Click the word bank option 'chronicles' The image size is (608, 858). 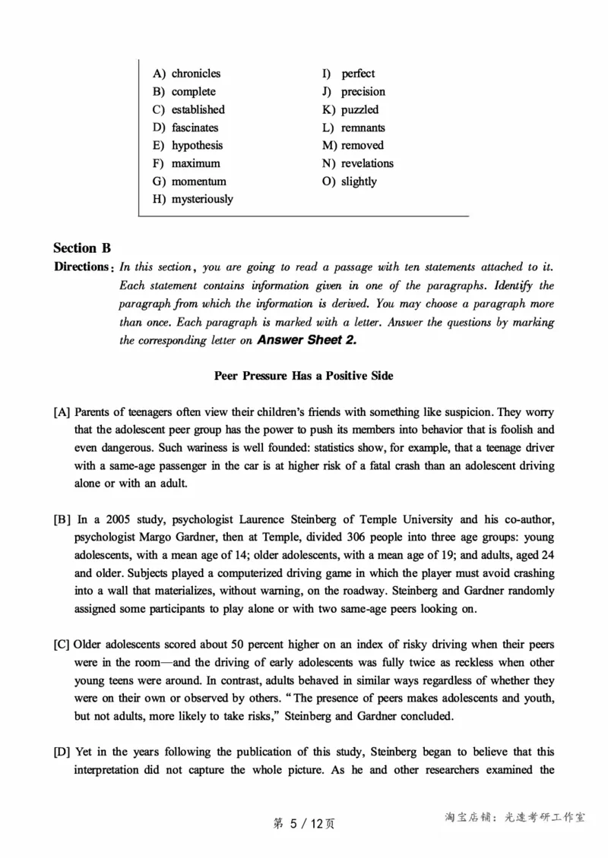click(195, 74)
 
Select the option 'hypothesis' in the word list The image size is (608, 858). click(197, 145)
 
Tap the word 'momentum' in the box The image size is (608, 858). click(198, 181)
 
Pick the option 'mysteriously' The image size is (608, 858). click(202, 199)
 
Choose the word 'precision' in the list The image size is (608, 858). click(363, 92)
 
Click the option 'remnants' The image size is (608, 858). click(363, 128)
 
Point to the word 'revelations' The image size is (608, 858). click(367, 163)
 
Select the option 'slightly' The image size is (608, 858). click(359, 181)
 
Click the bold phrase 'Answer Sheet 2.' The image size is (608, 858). click(307, 340)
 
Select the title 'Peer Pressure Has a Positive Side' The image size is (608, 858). click(303, 376)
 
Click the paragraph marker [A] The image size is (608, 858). click(62, 412)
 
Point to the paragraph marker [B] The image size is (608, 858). click(62, 520)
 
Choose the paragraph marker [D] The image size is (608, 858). click(62, 752)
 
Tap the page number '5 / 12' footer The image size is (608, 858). click(304, 823)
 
